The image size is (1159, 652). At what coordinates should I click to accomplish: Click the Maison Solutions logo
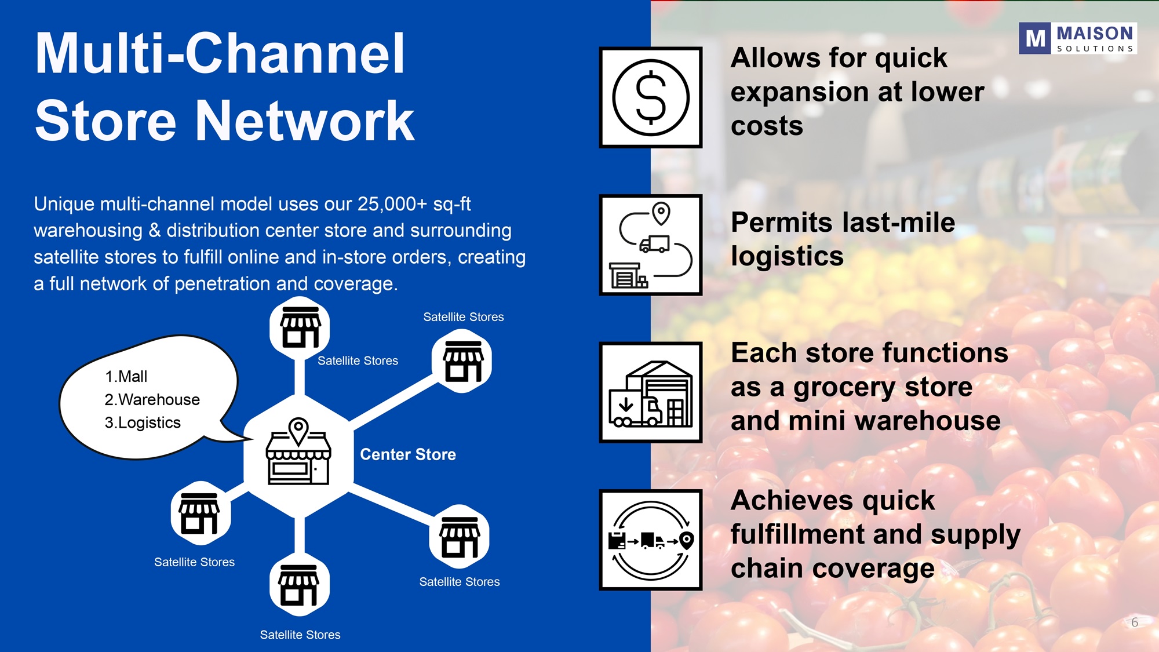click(x=1078, y=38)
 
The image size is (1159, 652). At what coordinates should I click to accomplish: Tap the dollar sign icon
click(x=651, y=97)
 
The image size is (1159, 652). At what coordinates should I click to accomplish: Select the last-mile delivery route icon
click(x=651, y=245)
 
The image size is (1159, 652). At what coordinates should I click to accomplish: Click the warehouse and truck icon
click(x=651, y=392)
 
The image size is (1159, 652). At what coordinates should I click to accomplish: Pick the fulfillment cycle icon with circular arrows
click(x=651, y=540)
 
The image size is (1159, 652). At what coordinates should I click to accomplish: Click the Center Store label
click(x=408, y=454)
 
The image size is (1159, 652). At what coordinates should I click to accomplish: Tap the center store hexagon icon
click(x=298, y=455)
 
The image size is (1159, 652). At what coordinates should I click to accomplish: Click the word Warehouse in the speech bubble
click(x=159, y=400)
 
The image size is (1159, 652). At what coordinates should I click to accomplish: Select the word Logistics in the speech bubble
click(x=150, y=423)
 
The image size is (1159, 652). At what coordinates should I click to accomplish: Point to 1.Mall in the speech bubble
click(x=126, y=377)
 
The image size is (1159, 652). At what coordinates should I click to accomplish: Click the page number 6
click(x=1135, y=622)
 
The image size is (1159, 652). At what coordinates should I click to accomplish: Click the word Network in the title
click(x=305, y=121)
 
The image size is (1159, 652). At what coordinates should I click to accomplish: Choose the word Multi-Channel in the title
click(x=220, y=53)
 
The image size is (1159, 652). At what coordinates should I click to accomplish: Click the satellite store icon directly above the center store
click(x=300, y=327)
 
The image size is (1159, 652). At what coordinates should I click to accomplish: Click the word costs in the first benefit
click(x=767, y=126)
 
